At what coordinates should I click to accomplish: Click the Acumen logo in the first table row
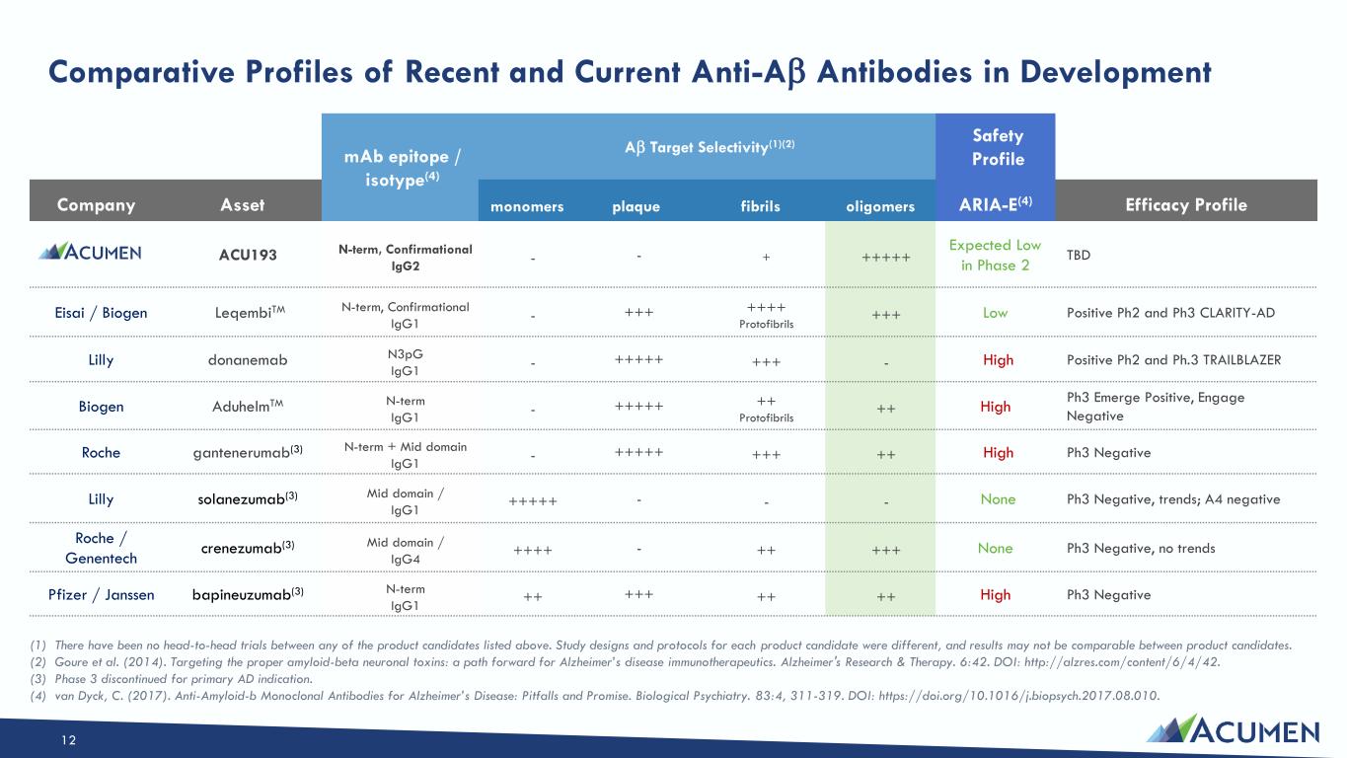pos(90,252)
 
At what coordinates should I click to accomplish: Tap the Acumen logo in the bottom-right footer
pos(1233,729)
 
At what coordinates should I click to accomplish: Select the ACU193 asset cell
pos(248,255)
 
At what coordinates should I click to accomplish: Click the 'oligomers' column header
pos(880,206)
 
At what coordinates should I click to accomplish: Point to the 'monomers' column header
pos(527,206)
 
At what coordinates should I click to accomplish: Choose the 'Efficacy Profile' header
pos(1186,205)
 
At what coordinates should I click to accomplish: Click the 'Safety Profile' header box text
pos(998,147)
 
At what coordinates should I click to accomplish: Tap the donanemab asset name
pos(248,359)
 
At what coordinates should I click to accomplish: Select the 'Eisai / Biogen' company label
pos(101,313)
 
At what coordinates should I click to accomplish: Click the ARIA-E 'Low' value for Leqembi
pos(996,313)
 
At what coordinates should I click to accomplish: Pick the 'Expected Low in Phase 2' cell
pos(996,255)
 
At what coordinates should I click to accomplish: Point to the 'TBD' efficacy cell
pos(1079,255)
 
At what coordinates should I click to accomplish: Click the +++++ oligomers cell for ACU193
pos(886,258)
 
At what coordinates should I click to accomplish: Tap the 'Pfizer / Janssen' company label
pos(101,595)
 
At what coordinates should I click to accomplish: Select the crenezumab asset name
pos(248,548)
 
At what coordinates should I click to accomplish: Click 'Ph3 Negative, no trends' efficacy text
pos(1141,548)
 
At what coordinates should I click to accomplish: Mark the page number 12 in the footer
pos(68,740)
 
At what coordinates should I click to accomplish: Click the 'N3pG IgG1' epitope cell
pos(405,362)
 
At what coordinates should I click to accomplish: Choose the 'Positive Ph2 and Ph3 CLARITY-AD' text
pos(1170,313)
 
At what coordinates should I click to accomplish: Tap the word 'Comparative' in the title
pos(141,72)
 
